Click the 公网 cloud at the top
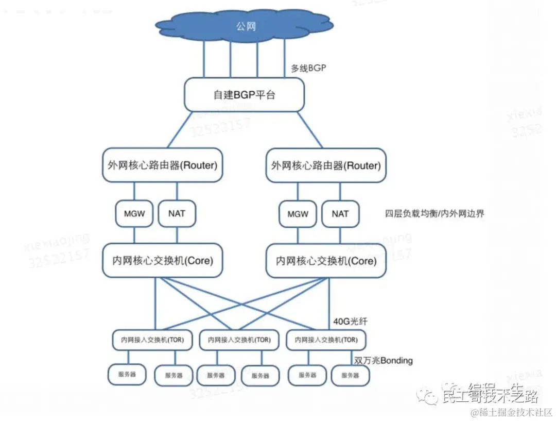pyautogui.click(x=245, y=26)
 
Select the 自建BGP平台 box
pyautogui.click(x=244, y=95)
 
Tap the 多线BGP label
pyautogui.click(x=308, y=68)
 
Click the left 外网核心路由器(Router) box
pyautogui.click(x=163, y=165)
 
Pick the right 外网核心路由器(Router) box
pyautogui.click(x=326, y=165)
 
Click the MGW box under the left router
pyautogui.click(x=134, y=213)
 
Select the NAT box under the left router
pyautogui.click(x=177, y=213)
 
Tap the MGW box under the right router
pyautogui.click(x=298, y=214)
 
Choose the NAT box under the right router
pyautogui.click(x=340, y=214)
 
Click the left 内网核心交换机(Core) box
pyautogui.click(x=163, y=261)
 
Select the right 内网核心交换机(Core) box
pyautogui.click(x=325, y=261)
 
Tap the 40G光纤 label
pyautogui.click(x=351, y=322)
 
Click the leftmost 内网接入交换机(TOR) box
pyautogui.click(x=152, y=340)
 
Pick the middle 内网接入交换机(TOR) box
pyautogui.click(x=239, y=340)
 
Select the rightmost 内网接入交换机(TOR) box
pyautogui.click(x=326, y=340)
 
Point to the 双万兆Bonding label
pyautogui.click(x=384, y=360)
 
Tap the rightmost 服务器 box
pyautogui.click(x=350, y=376)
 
